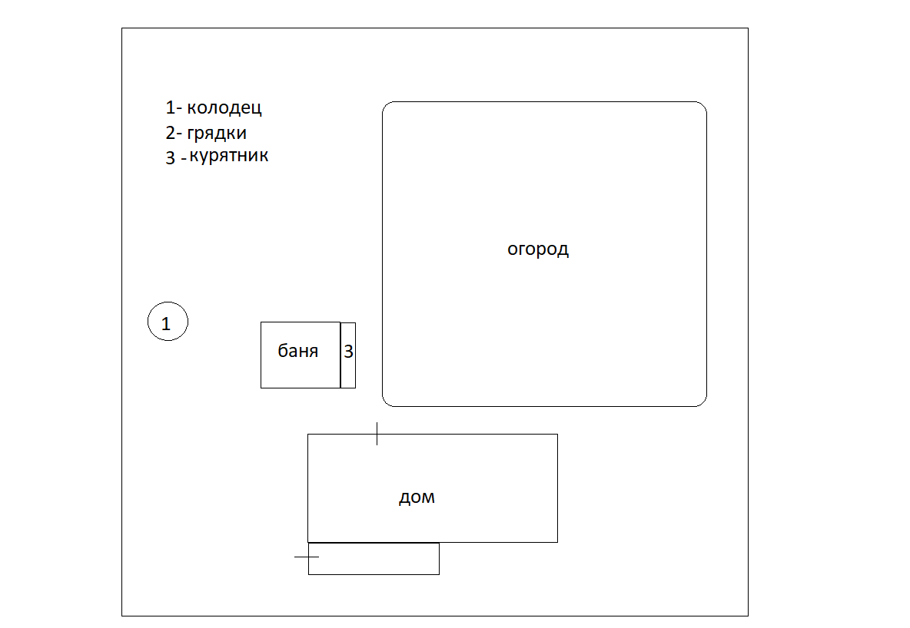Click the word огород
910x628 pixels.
[x=538, y=250]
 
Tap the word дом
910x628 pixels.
[x=417, y=497]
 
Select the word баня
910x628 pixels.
[x=297, y=352]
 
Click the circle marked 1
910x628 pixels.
[x=168, y=322]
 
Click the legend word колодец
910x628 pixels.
[x=224, y=107]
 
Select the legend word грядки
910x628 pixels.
[x=217, y=133]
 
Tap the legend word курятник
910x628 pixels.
[x=229, y=157]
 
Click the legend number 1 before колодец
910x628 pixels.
[x=170, y=107]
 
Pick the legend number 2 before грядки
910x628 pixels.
[x=170, y=133]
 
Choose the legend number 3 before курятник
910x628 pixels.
[x=170, y=159]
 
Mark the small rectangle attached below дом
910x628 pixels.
[x=374, y=559]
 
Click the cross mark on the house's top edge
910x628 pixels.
[x=377, y=434]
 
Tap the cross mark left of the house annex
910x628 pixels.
[x=307, y=555]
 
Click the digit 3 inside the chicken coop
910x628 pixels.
[x=348, y=352]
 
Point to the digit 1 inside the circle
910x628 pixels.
[x=166, y=324]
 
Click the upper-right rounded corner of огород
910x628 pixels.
[x=702, y=107]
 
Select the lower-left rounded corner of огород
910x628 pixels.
[x=387, y=401]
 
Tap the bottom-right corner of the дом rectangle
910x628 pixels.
[x=557, y=542]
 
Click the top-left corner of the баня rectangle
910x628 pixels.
[x=261, y=322]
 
